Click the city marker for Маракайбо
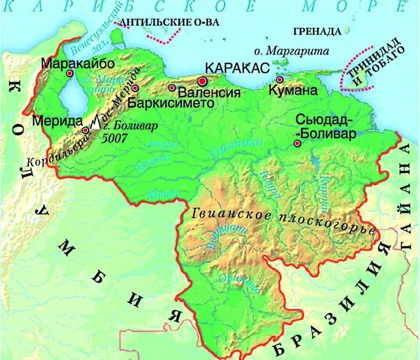coord(70,73)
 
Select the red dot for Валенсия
coord(172,88)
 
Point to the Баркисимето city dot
coord(135,88)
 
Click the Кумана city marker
coord(279,80)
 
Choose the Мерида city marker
coord(86,130)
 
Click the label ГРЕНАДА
coord(317,31)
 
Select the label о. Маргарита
coord(291,51)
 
